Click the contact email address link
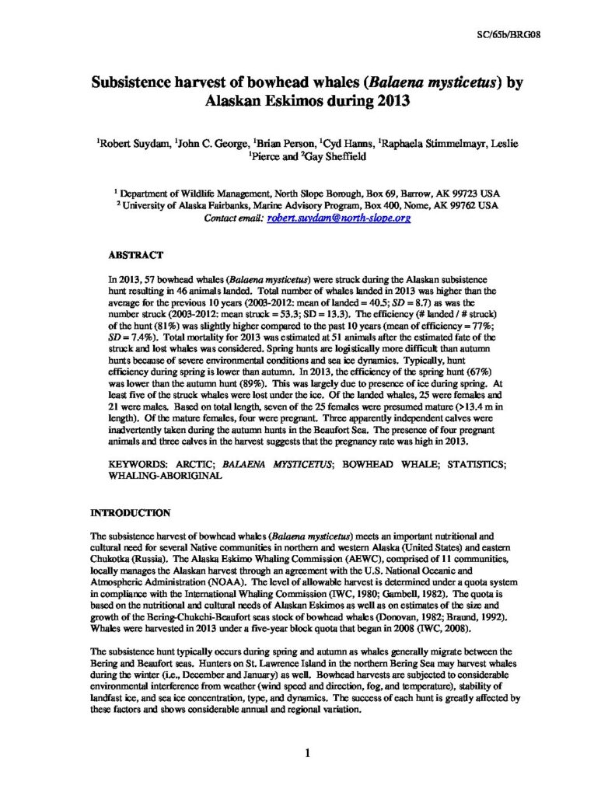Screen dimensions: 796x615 click(338, 218)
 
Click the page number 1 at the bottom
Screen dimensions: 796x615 click(308, 752)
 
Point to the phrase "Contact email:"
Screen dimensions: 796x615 click(234, 218)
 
